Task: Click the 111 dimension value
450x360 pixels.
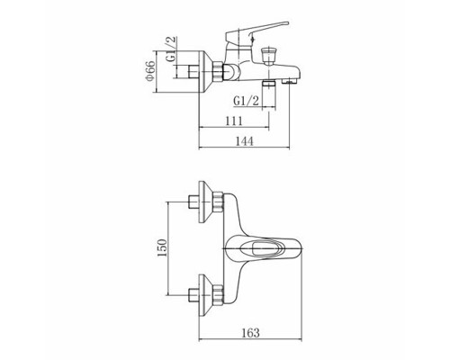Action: (234, 121)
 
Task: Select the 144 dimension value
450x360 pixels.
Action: (244, 141)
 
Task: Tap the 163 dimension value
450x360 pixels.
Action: (250, 332)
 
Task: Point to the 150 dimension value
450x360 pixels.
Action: (162, 247)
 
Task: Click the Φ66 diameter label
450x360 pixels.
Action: (149, 71)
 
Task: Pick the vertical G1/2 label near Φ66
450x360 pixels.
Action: (171, 49)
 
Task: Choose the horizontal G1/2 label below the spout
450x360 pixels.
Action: (246, 101)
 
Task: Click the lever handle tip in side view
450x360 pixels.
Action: (285, 23)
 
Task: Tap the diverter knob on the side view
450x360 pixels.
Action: (268, 56)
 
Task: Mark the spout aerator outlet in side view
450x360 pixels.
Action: (289, 81)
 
